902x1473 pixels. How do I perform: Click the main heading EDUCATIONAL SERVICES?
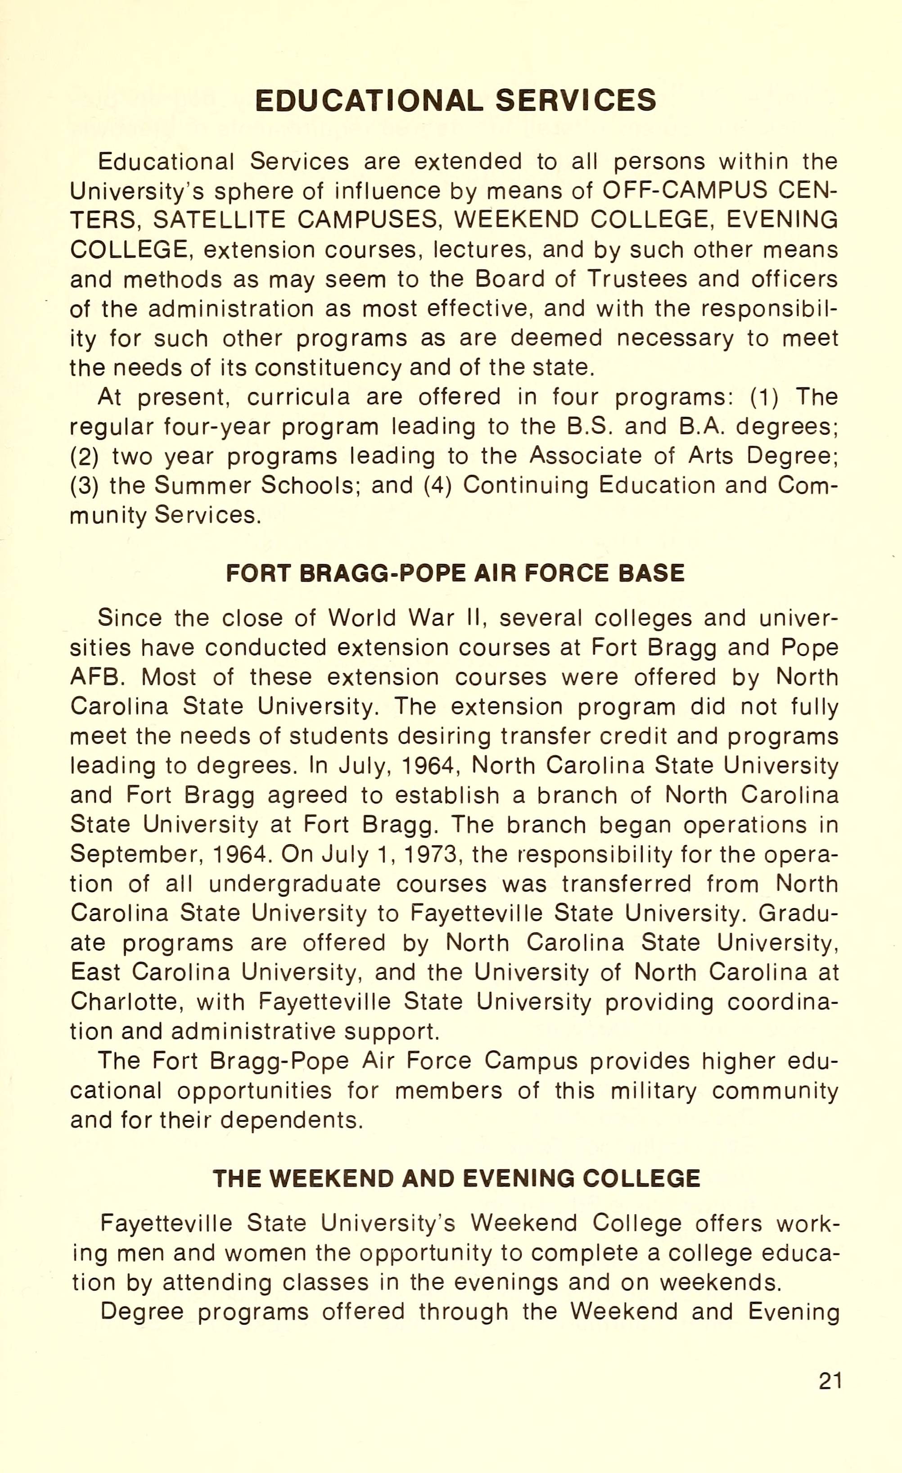click(456, 100)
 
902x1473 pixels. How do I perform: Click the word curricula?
click(298, 398)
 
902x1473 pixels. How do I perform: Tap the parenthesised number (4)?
click(437, 485)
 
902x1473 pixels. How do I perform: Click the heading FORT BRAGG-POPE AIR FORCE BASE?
click(456, 573)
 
